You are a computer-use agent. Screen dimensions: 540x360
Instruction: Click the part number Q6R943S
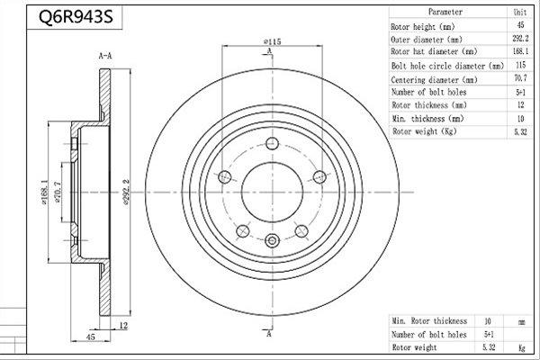[76, 17]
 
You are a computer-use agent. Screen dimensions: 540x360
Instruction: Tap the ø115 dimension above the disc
[273, 41]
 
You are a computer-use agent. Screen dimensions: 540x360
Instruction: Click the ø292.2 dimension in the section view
[126, 193]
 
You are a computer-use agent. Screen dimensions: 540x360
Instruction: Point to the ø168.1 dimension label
[44, 193]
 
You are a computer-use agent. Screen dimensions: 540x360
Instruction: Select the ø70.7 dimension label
[58, 193]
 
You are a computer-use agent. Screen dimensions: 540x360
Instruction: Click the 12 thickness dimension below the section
[123, 325]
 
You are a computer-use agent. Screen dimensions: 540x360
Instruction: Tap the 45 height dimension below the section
[90, 337]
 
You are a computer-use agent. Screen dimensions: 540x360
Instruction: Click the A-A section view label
[105, 56]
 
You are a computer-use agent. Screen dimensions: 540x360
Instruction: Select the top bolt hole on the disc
[273, 143]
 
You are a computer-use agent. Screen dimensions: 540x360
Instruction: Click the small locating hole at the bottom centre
[272, 240]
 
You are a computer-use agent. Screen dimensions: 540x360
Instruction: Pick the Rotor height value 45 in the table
[520, 25]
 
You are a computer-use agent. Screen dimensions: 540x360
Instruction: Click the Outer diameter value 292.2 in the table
[520, 38]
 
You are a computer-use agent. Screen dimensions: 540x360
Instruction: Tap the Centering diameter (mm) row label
[434, 80]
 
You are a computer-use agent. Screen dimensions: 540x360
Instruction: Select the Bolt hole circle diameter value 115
[520, 65]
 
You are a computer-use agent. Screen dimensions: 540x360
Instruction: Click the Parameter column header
[445, 12]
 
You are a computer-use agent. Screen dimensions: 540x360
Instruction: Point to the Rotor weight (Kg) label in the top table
[424, 131]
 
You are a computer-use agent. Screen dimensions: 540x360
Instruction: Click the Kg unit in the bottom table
[522, 348]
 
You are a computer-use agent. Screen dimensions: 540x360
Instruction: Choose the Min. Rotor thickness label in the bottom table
[429, 321]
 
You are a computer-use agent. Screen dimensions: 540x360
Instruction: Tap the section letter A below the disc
[269, 334]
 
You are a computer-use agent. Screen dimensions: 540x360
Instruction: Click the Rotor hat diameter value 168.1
[520, 51]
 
